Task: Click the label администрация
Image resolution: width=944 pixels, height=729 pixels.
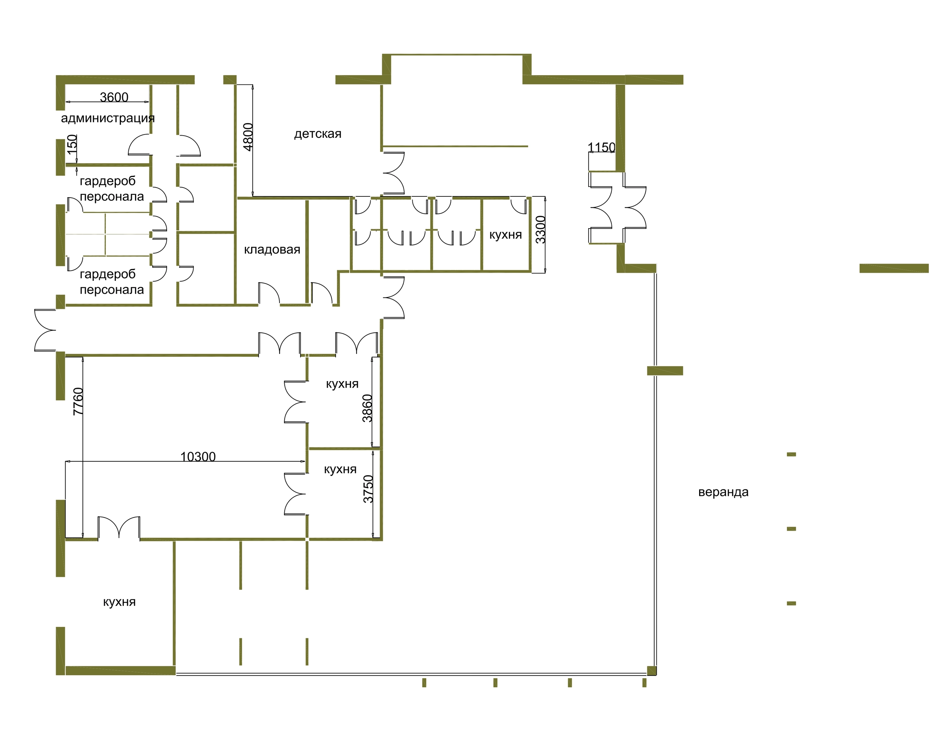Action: point(108,118)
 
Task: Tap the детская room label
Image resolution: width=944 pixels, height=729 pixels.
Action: point(318,134)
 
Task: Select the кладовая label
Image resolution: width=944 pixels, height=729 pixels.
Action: point(272,250)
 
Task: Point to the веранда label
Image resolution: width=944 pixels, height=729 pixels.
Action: point(723,492)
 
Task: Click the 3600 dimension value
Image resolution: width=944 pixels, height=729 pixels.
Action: point(114,97)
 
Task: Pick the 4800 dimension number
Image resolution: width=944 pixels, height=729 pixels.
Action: point(248,137)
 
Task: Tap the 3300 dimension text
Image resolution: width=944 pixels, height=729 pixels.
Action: point(541,230)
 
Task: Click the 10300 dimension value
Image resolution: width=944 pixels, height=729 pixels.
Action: point(198,457)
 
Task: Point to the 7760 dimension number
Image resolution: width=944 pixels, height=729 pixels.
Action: point(78,402)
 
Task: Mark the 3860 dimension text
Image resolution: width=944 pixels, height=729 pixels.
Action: point(367,408)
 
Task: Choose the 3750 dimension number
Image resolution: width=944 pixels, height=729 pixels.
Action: point(368,489)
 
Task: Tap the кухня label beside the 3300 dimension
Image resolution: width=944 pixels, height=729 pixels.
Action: point(505,235)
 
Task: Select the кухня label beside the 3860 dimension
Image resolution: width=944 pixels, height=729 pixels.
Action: point(342,384)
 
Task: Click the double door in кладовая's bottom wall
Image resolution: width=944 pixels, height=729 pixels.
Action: point(269,293)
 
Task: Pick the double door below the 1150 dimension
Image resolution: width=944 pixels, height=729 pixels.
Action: point(617,207)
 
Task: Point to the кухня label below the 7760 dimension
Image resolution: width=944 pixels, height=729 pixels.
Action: point(119,602)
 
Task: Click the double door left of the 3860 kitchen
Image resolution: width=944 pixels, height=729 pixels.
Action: point(296,402)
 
